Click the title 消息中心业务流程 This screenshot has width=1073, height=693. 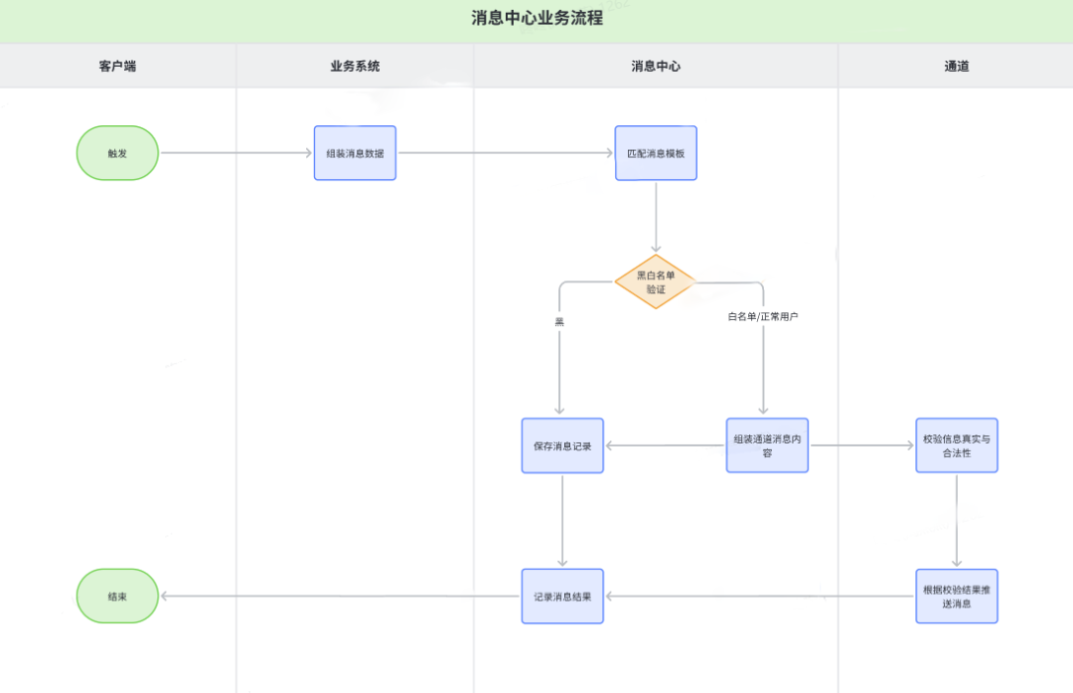tap(536, 18)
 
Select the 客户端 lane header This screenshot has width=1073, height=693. tap(117, 67)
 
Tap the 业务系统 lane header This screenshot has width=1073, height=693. tap(355, 67)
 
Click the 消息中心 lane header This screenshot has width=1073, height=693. tap(656, 67)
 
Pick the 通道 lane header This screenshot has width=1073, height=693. tap(956, 67)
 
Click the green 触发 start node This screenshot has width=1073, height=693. tap(117, 153)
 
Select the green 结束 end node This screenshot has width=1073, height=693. tap(117, 597)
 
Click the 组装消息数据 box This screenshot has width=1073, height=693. tap(355, 153)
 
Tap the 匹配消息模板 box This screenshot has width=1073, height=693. tap(656, 153)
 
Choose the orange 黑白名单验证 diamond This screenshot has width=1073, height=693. tap(655, 281)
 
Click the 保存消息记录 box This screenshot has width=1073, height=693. tap(562, 445)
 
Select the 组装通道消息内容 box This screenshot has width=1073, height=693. tap(767, 445)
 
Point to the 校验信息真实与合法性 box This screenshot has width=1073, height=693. tap(956, 445)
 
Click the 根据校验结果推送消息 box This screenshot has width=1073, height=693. tap(956, 597)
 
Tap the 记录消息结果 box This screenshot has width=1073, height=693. tap(562, 597)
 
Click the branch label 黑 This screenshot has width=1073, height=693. tap(559, 321)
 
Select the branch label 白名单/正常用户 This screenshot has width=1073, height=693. tap(763, 316)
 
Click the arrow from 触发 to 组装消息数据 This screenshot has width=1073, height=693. tap(236, 153)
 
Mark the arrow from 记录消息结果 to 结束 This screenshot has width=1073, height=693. tap(338, 597)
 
